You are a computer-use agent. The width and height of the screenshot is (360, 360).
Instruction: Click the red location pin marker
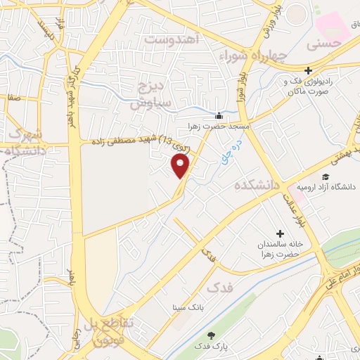click(181, 166)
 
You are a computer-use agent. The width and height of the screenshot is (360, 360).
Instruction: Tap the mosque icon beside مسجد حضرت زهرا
click(219, 116)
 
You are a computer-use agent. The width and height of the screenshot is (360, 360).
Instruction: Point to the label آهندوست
click(172, 39)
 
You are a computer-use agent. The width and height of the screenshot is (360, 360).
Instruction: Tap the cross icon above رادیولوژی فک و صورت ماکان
click(308, 69)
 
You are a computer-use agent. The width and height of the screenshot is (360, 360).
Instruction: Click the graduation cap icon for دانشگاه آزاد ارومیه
click(326, 176)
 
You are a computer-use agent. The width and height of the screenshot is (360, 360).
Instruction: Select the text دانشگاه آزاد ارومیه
click(326, 188)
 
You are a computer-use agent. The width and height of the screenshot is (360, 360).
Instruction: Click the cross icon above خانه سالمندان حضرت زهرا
click(280, 233)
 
